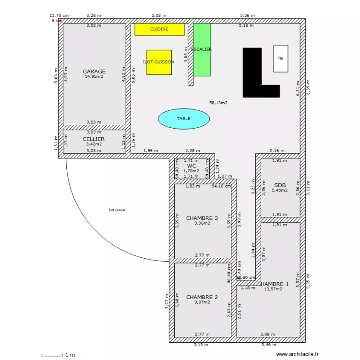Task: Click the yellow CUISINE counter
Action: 159,29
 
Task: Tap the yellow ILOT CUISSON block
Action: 158,62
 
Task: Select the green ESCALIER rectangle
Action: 202,49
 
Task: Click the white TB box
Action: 280,59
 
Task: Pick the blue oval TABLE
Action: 184,119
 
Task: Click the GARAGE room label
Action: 94,72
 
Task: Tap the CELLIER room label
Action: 94,139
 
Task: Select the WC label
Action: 192,166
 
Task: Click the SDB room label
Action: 280,185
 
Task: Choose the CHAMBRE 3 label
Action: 202,218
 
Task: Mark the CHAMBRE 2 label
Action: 202,297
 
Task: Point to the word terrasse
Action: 117,210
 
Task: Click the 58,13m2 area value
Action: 218,103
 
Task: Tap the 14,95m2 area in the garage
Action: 94,76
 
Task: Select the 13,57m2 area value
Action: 273,289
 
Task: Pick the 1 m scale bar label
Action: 70,355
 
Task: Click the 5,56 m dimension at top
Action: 248,16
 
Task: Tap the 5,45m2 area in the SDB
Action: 280,190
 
